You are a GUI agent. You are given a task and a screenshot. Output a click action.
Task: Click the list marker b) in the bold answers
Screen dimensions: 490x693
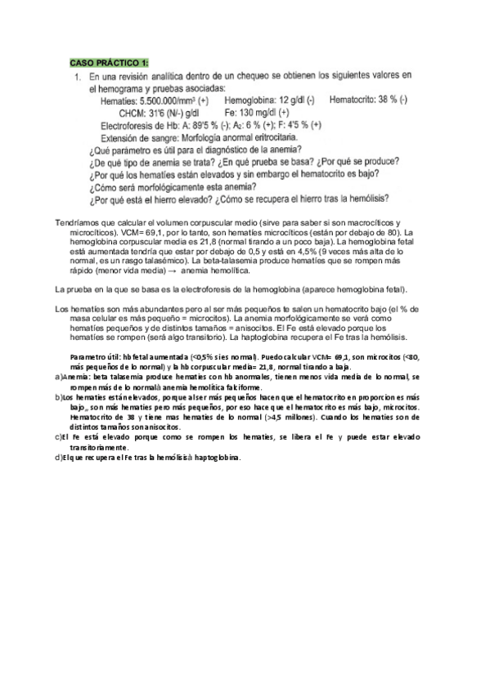(x=57, y=396)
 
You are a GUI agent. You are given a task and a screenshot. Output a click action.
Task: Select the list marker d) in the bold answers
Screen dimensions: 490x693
(x=57, y=458)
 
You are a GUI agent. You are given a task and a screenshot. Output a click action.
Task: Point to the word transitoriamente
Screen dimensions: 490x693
(x=98, y=448)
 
